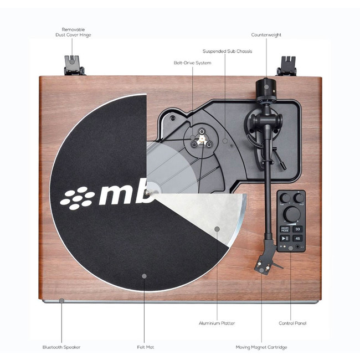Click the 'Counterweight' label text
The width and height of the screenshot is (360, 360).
pyautogui.click(x=266, y=35)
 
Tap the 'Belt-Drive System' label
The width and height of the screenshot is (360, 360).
pyautogui.click(x=192, y=63)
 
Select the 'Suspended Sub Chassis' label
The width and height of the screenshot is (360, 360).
pyautogui.click(x=227, y=51)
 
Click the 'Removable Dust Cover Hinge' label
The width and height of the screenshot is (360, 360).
pyautogui.click(x=73, y=32)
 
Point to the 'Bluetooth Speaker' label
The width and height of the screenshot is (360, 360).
pyautogui.click(x=61, y=347)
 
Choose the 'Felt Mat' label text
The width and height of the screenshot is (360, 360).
pyautogui.click(x=145, y=347)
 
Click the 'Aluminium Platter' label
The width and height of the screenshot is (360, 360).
pyautogui.click(x=217, y=323)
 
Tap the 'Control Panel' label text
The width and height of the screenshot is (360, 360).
pyautogui.click(x=292, y=323)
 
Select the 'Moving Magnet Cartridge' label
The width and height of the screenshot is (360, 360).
pyautogui.click(x=263, y=347)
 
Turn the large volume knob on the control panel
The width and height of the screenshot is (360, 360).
pyautogui.click(x=291, y=213)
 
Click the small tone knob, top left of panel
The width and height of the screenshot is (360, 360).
pyautogui.click(x=285, y=198)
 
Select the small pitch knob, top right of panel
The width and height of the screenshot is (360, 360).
pyautogui.click(x=299, y=198)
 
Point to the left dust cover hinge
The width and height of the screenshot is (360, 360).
pyautogui.click(x=73, y=65)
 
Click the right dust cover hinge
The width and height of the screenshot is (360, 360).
pyautogui.click(x=287, y=65)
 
